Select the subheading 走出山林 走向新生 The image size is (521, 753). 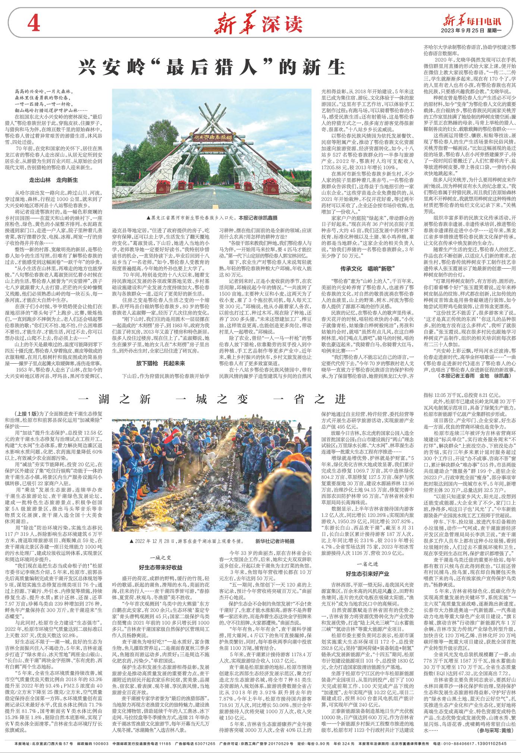(54, 180)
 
